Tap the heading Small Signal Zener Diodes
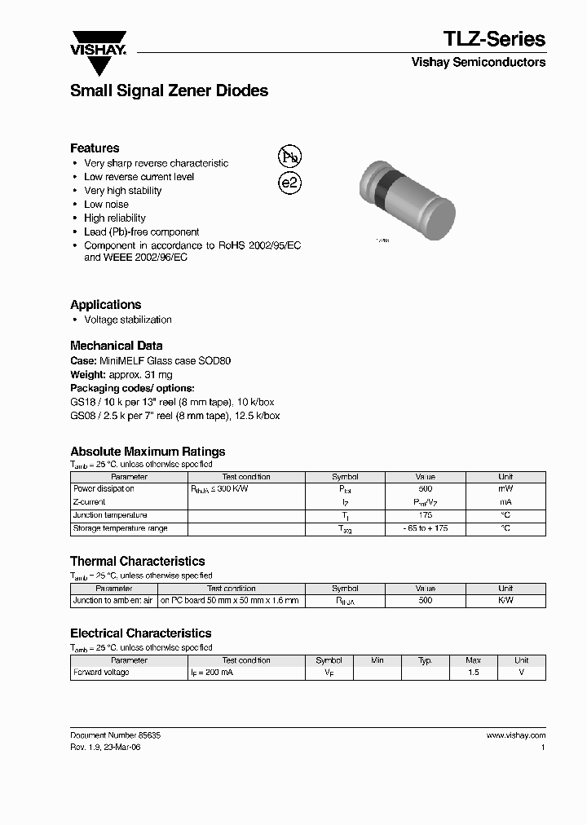click(169, 91)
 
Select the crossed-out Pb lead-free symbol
click(289, 157)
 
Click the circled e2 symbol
click(290, 183)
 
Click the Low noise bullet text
click(106, 205)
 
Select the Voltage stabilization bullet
click(128, 320)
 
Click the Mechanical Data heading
click(116, 345)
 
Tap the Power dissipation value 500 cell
click(425, 489)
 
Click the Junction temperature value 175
click(425, 515)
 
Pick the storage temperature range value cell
click(425, 528)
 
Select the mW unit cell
click(505, 489)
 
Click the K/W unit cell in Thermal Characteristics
click(505, 601)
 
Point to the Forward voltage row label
click(101, 673)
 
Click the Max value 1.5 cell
click(473, 673)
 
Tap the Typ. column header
click(425, 660)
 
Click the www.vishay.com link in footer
click(515, 735)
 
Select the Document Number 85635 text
click(115, 735)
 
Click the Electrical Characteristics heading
click(140, 633)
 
